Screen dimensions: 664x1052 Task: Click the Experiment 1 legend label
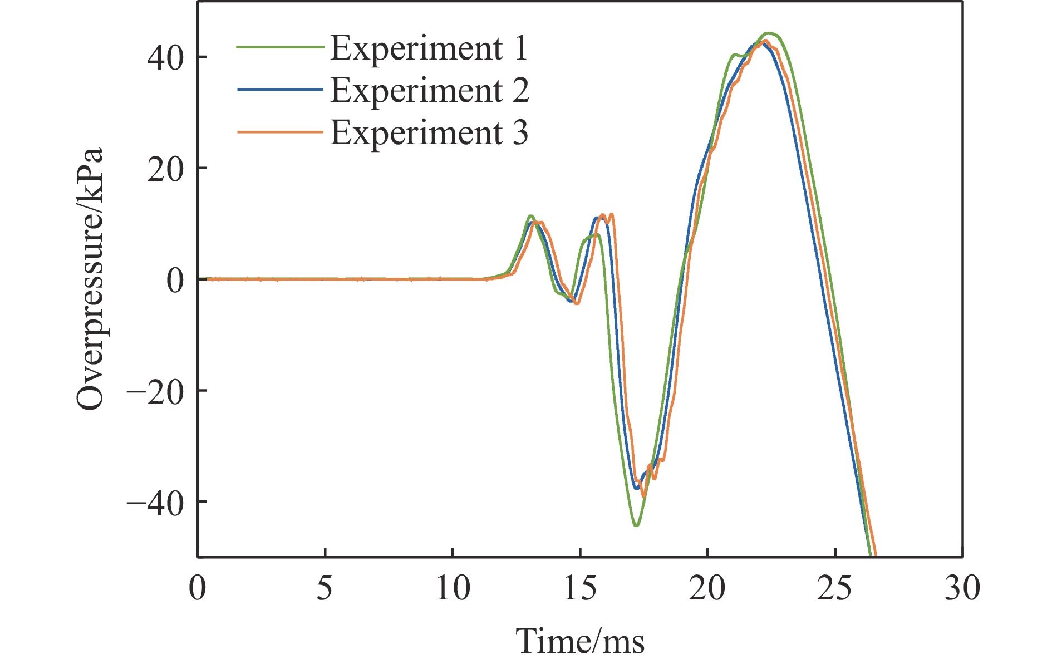coord(429,48)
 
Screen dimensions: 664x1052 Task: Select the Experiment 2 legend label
coord(429,90)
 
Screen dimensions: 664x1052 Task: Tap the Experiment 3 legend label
coord(429,132)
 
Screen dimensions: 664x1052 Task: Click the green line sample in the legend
coord(280,47)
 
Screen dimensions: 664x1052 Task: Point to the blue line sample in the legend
coord(280,90)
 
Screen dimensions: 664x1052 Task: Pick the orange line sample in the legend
coord(280,132)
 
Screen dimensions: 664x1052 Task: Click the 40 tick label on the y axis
coord(165,57)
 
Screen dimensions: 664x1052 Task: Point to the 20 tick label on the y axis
coord(165,169)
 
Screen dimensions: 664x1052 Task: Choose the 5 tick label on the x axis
coord(325,588)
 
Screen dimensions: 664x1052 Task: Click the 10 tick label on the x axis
coord(453,588)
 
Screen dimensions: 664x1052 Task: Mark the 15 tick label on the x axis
coord(580,588)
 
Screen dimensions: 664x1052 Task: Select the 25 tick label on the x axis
coord(835,588)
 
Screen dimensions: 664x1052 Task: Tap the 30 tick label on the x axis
coord(962,588)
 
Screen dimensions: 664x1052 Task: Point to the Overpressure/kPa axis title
coord(90,278)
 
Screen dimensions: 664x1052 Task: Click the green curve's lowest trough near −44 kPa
coord(636,525)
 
